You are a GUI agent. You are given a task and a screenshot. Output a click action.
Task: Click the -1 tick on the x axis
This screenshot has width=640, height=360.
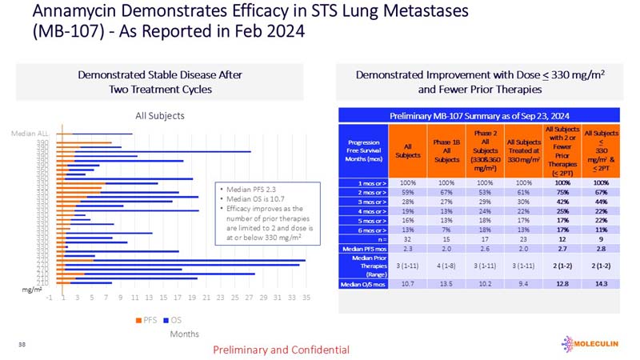50,298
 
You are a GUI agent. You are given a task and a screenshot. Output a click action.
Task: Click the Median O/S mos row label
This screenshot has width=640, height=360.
365,283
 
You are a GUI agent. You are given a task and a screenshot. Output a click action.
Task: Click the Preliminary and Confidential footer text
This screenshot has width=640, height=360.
281,350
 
